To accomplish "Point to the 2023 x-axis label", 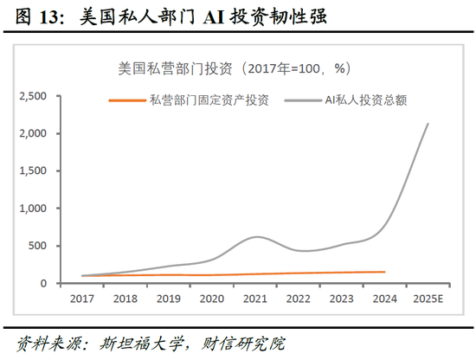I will [342, 298].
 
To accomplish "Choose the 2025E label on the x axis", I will [428, 298].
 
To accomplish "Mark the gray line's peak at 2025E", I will [428, 124].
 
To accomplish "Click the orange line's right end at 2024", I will [384, 272].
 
